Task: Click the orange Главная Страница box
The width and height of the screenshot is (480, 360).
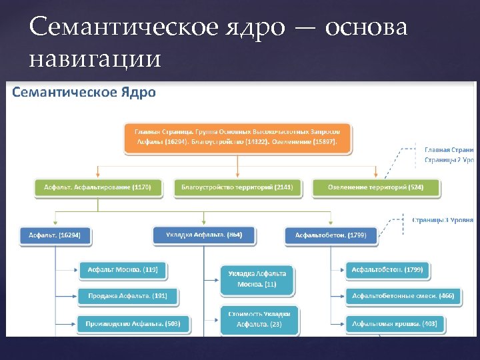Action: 237,137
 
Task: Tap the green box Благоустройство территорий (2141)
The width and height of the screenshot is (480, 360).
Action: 237,188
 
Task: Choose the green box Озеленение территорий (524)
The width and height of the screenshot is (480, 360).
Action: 376,188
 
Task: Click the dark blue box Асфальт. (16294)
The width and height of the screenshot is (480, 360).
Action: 55,235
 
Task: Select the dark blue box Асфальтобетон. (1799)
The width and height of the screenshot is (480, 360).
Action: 331,235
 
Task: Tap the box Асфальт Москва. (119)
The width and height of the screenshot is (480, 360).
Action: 123,270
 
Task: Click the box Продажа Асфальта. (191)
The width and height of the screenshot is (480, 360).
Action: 123,296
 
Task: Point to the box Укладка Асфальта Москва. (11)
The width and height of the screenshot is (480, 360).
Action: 257,279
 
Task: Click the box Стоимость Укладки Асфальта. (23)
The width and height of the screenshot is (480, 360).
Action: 259,319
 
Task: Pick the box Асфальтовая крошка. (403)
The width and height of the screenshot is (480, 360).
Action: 394,323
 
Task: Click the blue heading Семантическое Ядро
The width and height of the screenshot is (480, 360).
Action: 84,92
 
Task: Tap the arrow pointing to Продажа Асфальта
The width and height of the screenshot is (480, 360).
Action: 67,296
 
